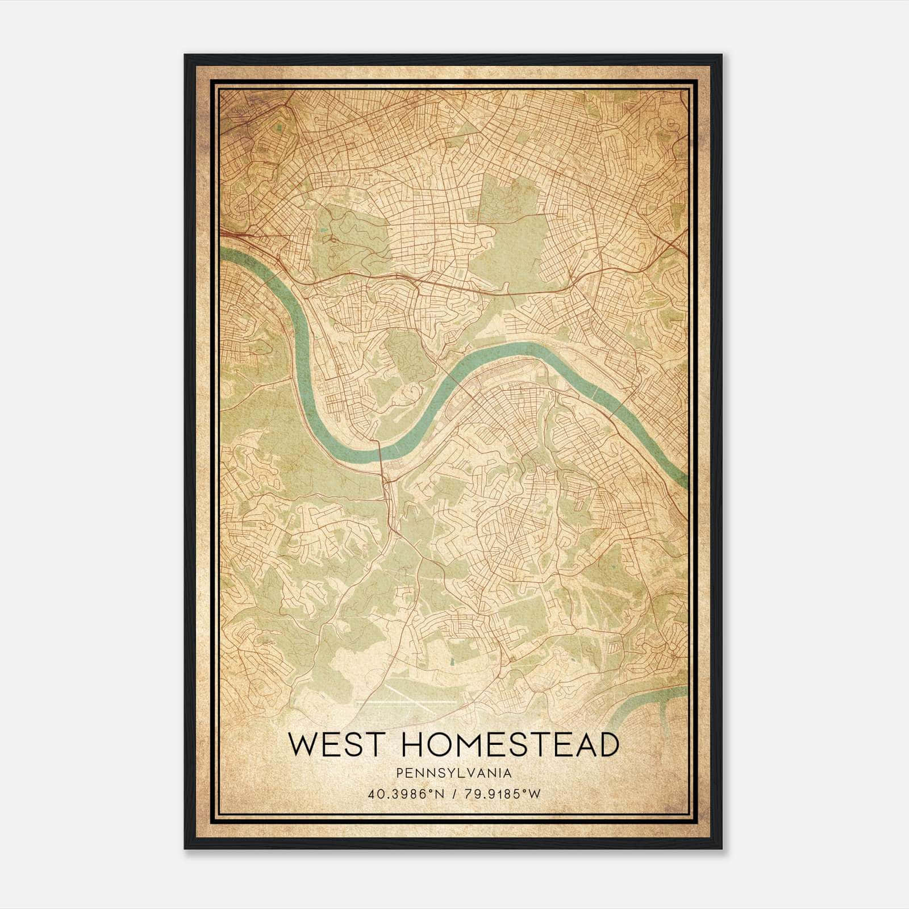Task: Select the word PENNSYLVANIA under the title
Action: [x=454, y=773]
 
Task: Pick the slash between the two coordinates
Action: [x=454, y=794]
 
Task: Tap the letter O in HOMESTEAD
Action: [x=438, y=745]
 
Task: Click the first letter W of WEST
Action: [x=303, y=745]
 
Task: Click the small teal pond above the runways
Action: [x=453, y=662]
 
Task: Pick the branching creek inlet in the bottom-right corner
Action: [x=653, y=704]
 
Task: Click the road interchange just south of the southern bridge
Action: [x=386, y=483]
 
